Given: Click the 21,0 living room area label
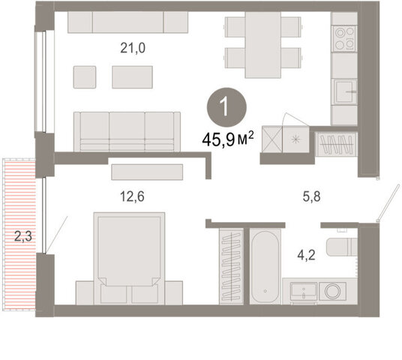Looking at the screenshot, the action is click(x=133, y=48).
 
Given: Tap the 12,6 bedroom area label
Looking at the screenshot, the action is click(x=132, y=196).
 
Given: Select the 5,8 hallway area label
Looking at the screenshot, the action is click(x=311, y=196).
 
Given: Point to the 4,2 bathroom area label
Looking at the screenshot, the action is click(x=306, y=255).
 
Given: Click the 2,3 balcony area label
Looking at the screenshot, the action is click(x=23, y=236).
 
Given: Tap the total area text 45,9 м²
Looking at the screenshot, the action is click(x=228, y=139).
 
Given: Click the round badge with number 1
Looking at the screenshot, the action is click(x=226, y=107).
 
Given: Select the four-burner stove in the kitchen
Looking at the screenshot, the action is click(x=344, y=38).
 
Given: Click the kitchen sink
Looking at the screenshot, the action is click(x=344, y=91).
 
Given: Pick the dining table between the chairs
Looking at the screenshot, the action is click(x=263, y=44).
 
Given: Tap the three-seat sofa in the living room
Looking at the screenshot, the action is click(x=127, y=131).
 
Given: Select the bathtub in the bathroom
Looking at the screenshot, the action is click(x=265, y=266).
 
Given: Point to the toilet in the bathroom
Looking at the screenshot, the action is click(x=342, y=247).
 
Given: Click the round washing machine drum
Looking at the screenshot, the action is click(x=332, y=291).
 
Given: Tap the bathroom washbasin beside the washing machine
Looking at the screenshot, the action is click(x=304, y=292).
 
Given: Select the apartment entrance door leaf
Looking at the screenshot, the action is click(x=388, y=202).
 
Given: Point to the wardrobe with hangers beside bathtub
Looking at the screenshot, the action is click(x=232, y=266).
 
